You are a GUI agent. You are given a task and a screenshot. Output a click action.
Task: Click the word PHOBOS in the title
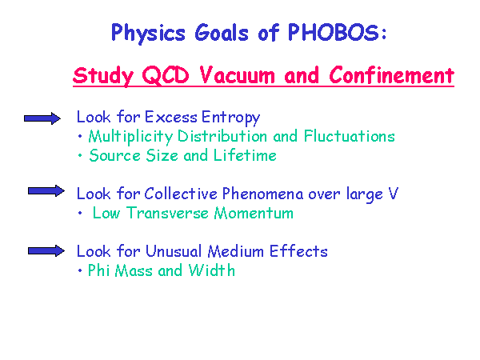[334, 32]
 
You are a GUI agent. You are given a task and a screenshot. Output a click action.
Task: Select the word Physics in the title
[148, 34]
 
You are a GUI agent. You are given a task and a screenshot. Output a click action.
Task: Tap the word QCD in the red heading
[166, 75]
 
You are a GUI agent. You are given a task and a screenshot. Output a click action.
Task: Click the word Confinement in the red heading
[391, 74]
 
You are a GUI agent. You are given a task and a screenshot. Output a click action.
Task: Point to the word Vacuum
[238, 75]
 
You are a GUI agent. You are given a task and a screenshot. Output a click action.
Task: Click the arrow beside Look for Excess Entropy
[42, 118]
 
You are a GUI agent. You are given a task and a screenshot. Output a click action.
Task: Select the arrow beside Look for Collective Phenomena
[46, 191]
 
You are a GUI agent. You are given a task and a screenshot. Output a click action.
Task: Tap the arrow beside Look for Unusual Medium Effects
[46, 251]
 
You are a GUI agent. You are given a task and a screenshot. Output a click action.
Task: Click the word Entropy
[231, 118]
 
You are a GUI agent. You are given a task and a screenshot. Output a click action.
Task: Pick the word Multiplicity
[130, 137]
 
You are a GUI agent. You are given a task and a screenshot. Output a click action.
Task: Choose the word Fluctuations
[350, 136]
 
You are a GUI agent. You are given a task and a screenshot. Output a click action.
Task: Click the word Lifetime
[245, 155]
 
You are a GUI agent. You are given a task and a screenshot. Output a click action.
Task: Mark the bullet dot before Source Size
[80, 155]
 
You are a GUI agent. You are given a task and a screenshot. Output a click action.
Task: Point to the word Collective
[181, 194]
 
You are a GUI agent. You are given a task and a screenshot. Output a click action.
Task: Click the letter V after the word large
[393, 193]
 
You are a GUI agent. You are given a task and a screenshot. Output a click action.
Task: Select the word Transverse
[167, 213]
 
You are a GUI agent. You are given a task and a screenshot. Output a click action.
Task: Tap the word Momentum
[254, 213]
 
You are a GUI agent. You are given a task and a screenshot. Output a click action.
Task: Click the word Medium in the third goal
[236, 251]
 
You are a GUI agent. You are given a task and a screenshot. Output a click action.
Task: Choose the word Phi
[99, 270]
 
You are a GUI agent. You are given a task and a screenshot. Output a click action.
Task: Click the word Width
[211, 270]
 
